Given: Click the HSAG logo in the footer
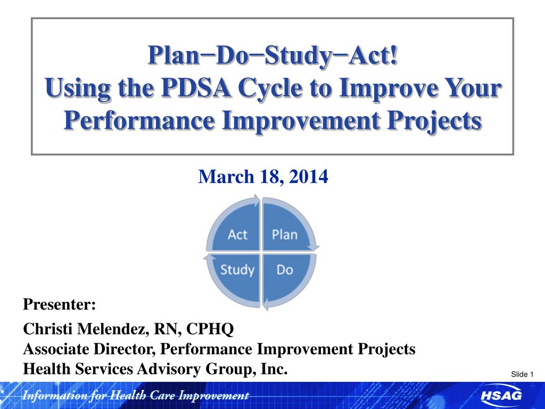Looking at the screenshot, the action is coord(501,396).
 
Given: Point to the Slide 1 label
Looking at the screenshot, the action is coord(522,374).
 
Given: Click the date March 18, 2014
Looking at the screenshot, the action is coord(263,177).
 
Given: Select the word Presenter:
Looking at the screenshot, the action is coord(60,304).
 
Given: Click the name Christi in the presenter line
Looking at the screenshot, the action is coord(48,329).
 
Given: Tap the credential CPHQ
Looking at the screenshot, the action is coord(210,329).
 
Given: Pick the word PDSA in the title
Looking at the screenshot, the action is coord(196,88).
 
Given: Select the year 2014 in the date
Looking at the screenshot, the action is coord(308,176).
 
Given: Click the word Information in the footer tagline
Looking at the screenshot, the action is coord(55,396).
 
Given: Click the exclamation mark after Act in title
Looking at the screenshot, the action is coord(393,55).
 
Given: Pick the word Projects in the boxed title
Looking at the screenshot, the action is coord(434,121).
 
